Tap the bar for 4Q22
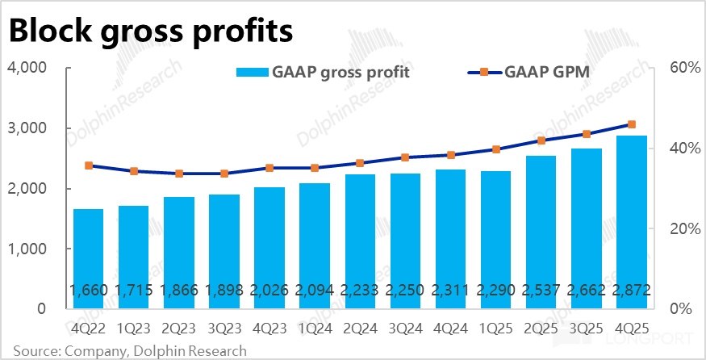[88, 258]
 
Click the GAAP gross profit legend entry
[323, 73]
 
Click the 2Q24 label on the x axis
[358, 330]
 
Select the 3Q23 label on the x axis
[223, 330]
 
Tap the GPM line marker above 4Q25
[631, 124]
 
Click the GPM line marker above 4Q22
[89, 165]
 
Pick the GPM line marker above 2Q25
[541, 140]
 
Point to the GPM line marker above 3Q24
[405, 157]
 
